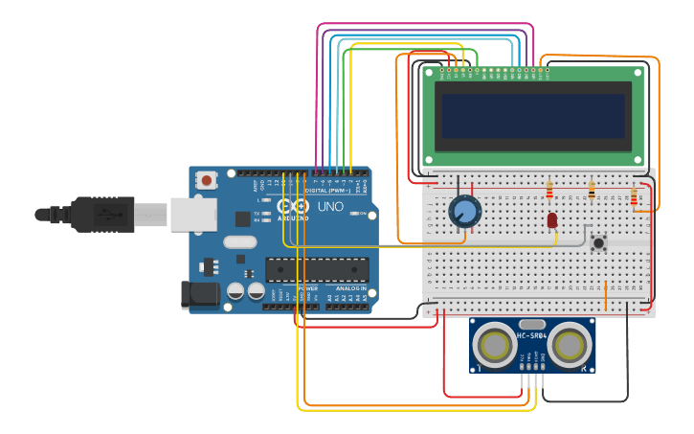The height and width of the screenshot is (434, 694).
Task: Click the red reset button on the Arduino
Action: [207, 179]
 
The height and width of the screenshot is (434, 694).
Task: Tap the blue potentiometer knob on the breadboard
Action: [464, 211]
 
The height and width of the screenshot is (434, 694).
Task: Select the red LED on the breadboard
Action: [552, 220]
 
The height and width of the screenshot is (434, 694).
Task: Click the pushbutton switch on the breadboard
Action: [599, 242]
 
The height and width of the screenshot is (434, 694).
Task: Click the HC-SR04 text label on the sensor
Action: [532, 335]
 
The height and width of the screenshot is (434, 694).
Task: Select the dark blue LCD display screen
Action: [532, 116]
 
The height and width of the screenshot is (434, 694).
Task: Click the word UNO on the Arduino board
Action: [330, 206]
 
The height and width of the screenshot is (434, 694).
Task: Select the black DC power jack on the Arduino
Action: [200, 295]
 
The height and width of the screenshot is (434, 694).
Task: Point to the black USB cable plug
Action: [105, 214]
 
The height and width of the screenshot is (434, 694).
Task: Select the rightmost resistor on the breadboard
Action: [634, 196]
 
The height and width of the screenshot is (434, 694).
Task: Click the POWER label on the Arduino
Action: [308, 288]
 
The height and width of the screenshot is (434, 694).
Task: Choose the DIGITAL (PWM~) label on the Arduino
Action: [325, 190]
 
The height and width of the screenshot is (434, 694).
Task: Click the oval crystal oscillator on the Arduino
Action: [240, 242]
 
